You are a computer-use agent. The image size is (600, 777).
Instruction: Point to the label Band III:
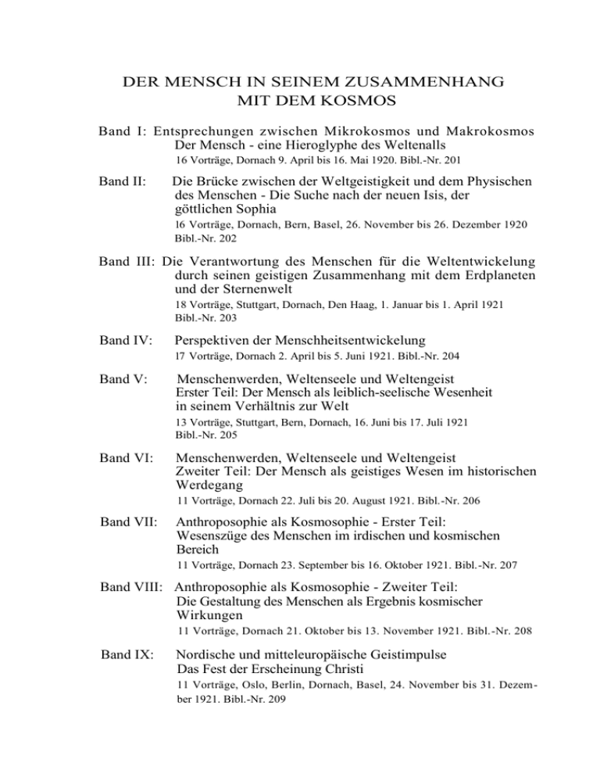(128, 261)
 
